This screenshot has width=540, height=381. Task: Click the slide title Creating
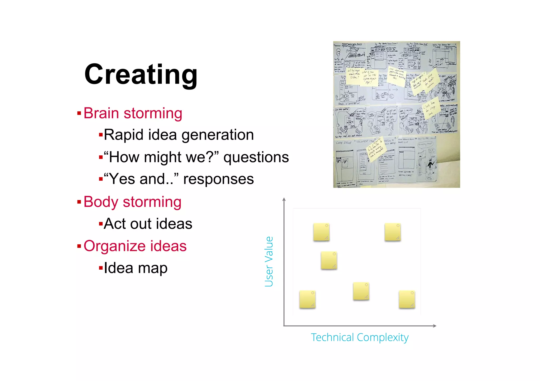point(141,75)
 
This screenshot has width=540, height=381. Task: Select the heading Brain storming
point(133,113)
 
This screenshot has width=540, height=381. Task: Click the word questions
point(256,157)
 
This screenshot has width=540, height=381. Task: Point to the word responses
point(218,179)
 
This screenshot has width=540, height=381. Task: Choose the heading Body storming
point(132,202)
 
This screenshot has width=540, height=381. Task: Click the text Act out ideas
point(148,224)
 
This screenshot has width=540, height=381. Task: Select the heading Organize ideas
point(135,246)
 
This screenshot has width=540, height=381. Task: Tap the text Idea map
point(136,268)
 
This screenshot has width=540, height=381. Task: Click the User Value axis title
point(269,261)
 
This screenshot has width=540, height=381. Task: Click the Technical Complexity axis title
point(360,337)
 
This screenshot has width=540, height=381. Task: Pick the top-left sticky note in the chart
point(321,232)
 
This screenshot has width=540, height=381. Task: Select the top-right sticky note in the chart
point(392,232)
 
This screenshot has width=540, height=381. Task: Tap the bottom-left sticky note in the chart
point(307,299)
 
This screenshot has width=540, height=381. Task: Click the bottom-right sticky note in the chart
point(407,299)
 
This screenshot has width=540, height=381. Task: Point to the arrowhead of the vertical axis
point(284,199)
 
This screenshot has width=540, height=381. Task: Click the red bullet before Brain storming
point(79,113)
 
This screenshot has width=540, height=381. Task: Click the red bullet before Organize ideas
point(79,246)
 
